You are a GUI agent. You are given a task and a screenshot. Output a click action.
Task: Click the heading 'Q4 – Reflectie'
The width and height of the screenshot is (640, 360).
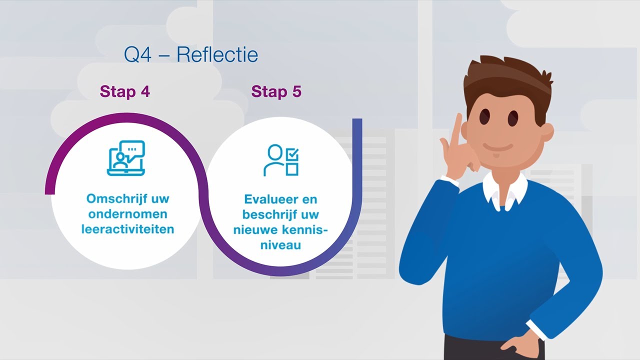pyautogui.click(x=191, y=55)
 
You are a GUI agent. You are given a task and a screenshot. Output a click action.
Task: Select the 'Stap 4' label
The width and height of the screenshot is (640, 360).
pyautogui.click(x=124, y=91)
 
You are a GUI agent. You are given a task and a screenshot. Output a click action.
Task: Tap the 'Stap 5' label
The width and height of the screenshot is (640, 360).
pyautogui.click(x=276, y=91)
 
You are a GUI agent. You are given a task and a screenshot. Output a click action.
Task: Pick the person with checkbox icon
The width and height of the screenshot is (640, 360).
pyautogui.click(x=281, y=160)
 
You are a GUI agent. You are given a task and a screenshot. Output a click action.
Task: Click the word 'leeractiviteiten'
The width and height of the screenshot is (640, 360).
pyautogui.click(x=127, y=229)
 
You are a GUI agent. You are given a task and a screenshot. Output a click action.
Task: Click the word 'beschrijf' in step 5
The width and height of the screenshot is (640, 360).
pyautogui.click(x=267, y=214)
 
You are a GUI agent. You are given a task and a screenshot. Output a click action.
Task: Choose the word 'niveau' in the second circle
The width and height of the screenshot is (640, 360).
pyautogui.click(x=280, y=245)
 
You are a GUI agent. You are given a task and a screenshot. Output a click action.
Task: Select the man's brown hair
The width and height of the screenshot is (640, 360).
pyautogui.click(x=505, y=80)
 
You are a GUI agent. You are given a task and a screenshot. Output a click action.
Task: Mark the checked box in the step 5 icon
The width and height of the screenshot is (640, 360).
pyautogui.click(x=292, y=154)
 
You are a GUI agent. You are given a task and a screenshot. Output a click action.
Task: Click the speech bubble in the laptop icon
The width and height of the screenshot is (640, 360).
pyautogui.click(x=134, y=149)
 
